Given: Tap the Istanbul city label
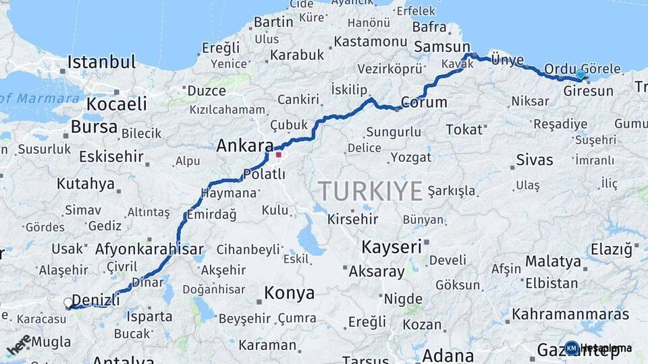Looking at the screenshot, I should coord(101,63).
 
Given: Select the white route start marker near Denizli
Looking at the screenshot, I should coord(69,303).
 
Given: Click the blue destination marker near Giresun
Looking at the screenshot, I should coord(580,74).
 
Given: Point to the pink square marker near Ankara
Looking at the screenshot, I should coord(278,154).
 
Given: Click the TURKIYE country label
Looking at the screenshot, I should coord(371,191).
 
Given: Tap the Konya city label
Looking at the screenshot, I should coord(289,293).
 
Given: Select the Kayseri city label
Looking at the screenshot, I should coord(391,247).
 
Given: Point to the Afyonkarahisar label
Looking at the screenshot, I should coord(150,249).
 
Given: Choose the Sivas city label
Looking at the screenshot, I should coord(534,160).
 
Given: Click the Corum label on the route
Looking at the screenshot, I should coord(424,102).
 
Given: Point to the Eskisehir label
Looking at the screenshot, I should coord(111,157).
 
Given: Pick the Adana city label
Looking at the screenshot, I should coord(448,355).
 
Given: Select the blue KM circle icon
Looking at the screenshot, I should coord(572,348).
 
